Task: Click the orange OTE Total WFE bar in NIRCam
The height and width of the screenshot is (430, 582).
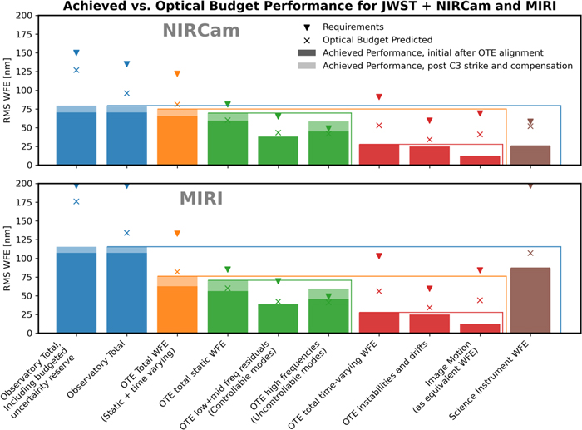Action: tap(177, 137)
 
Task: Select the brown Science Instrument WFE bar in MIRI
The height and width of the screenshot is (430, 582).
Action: tap(530, 300)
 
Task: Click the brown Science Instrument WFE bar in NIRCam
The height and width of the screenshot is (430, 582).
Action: tap(530, 155)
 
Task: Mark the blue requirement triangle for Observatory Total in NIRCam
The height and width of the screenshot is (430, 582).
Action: tap(126, 64)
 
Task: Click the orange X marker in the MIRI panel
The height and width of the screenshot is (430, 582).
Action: tap(177, 271)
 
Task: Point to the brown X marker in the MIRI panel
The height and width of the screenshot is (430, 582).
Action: tap(530, 253)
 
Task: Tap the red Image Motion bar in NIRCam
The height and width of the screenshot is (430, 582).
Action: tap(480, 160)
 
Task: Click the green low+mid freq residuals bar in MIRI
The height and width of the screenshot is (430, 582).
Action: tap(278, 319)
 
